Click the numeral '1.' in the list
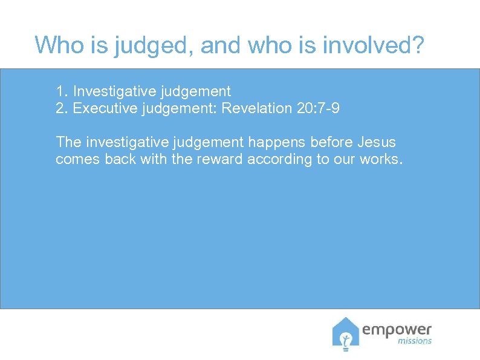tap(62, 92)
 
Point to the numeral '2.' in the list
tap(62, 108)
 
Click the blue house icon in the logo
tap(345, 334)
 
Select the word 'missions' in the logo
tap(415, 341)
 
